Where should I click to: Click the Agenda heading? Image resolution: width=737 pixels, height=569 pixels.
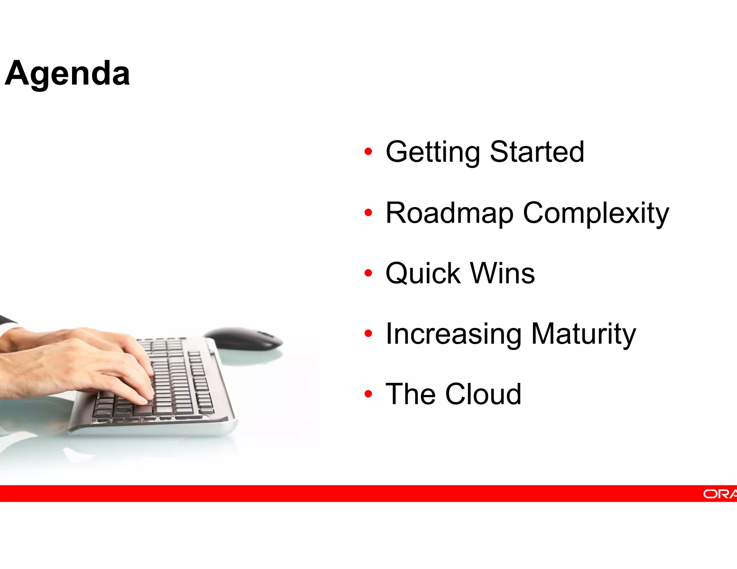(x=67, y=74)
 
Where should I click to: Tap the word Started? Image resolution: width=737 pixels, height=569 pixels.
(x=537, y=152)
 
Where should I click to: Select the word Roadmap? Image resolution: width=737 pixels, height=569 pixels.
(x=449, y=214)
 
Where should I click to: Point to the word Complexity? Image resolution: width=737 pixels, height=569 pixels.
(x=596, y=214)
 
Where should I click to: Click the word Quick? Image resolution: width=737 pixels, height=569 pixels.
(x=423, y=274)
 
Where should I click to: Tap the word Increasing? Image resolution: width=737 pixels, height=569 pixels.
(x=453, y=334)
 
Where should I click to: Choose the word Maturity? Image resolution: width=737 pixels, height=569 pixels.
(x=583, y=334)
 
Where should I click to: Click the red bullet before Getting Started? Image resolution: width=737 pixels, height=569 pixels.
(x=368, y=151)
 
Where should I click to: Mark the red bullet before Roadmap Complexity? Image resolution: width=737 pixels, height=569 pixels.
(x=368, y=213)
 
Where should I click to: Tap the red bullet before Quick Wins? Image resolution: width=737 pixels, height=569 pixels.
(x=368, y=273)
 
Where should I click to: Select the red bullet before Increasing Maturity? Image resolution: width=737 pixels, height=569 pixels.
(x=368, y=333)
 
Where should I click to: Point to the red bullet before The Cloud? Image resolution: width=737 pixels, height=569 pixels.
(x=368, y=394)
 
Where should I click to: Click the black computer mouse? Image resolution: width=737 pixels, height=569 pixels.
(x=245, y=338)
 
